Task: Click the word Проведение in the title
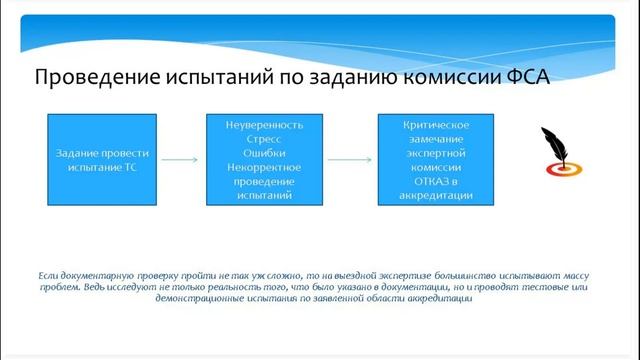pyautogui.click(x=87, y=78)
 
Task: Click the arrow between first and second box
pyautogui.click(x=180, y=159)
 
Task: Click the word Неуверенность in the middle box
pyautogui.click(x=264, y=126)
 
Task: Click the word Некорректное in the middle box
pyautogui.click(x=264, y=169)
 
